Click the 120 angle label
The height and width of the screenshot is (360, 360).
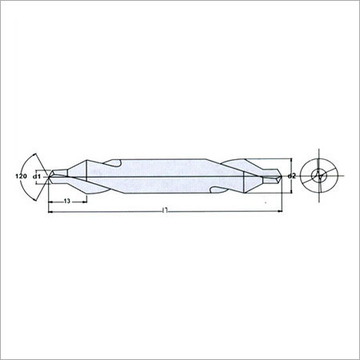(x=22, y=176)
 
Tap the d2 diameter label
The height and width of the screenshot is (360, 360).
(x=292, y=176)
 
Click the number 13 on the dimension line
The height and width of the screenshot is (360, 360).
(x=67, y=202)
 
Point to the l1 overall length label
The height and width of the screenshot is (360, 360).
(x=165, y=211)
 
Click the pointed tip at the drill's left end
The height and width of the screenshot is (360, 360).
(x=49, y=176)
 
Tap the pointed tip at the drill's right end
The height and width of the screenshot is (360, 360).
(x=282, y=176)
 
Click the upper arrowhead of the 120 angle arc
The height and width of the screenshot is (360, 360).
(x=34, y=154)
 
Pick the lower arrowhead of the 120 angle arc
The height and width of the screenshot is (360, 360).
(x=34, y=199)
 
